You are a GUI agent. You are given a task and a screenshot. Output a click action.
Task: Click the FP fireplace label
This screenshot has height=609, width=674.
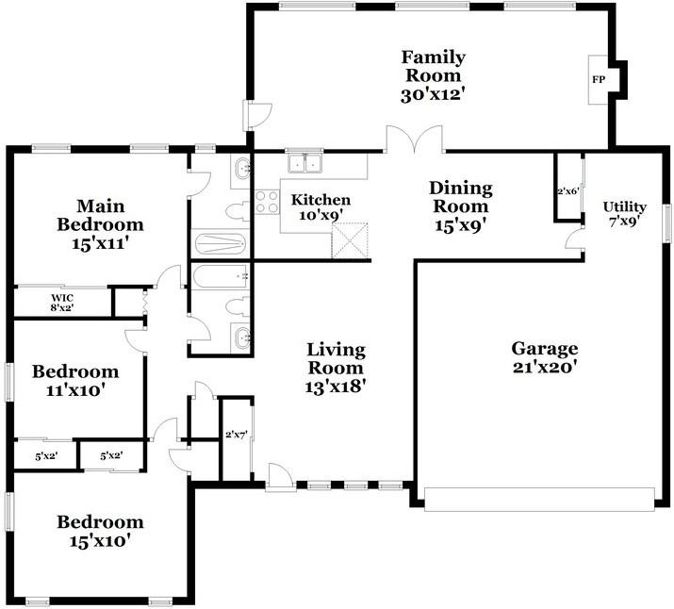pos(599,79)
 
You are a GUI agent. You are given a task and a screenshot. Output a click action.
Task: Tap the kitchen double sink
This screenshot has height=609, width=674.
pos(305,163)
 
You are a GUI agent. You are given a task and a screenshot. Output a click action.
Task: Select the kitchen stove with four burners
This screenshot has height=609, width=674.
pos(267,202)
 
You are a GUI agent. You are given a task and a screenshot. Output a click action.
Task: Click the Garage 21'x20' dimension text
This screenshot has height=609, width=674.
pos(544,367)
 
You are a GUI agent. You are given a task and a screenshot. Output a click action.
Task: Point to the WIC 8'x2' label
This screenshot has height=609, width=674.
pos(62,302)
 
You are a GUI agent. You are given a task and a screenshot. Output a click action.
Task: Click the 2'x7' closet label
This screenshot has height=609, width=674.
pos(236,435)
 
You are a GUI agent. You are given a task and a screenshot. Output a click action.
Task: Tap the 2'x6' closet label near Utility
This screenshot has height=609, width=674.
pos(568,191)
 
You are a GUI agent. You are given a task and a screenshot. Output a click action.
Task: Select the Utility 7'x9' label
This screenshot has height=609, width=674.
pos(624,214)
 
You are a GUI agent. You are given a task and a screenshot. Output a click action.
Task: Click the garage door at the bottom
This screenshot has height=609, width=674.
pos(539,499)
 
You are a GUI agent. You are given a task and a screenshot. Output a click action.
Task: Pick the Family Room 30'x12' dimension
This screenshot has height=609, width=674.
pos(434,94)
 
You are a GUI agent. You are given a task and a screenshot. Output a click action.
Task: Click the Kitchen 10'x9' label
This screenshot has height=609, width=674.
pos(321,206)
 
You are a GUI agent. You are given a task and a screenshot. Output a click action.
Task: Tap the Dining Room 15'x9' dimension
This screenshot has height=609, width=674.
pos(460,225)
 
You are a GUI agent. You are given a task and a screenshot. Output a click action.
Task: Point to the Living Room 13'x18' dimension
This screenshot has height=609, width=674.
pos(336,387)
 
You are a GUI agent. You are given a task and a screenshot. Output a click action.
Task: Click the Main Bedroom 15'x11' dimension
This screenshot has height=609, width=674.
pos(100,243)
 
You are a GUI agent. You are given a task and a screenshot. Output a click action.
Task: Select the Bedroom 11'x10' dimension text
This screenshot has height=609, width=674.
pos(75,390)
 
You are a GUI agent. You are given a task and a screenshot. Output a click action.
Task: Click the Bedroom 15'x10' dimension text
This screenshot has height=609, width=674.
pos(100,541)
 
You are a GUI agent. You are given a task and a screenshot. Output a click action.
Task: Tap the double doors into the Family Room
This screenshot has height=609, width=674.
pos(415,140)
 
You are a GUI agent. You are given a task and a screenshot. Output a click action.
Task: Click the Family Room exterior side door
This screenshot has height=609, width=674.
pos(256,115)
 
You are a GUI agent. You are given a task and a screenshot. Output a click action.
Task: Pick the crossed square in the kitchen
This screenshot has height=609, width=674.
pos(350,240)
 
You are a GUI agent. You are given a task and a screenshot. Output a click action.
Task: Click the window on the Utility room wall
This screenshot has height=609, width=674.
pos(666,222)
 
